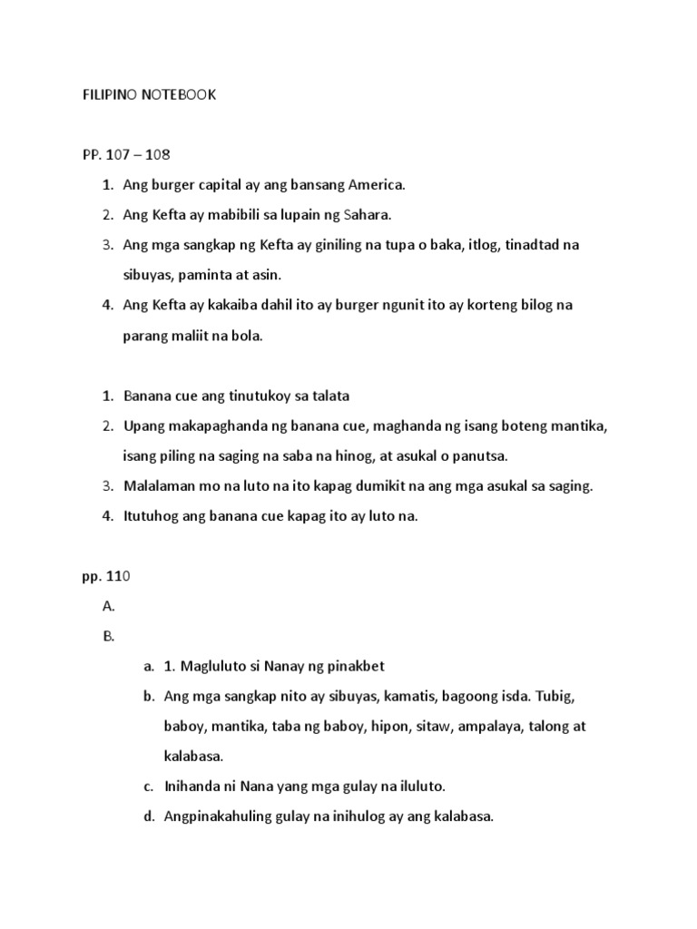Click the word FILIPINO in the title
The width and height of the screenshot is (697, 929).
click(110, 94)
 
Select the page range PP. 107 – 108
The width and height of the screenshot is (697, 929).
click(126, 154)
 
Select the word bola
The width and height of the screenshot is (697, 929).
click(246, 337)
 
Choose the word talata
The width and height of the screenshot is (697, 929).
click(329, 396)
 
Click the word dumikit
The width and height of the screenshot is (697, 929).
click(387, 486)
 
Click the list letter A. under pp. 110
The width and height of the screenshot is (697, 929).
click(109, 606)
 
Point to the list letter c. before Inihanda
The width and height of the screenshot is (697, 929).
click(148, 787)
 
